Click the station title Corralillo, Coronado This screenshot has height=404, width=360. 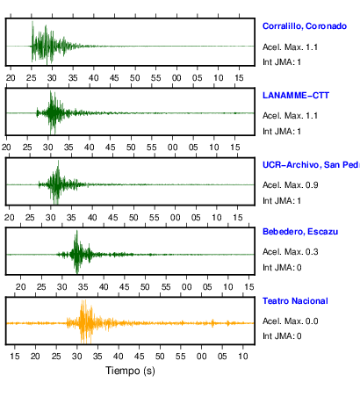pos(305,26)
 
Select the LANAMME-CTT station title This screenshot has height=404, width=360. pos(296,96)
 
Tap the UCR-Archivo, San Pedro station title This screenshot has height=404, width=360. pos(311,165)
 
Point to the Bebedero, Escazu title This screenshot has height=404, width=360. pos(300,232)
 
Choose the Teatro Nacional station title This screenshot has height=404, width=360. pos(295,301)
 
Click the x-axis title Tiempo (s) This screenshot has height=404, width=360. pos(130,371)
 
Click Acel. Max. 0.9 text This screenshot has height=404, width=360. pos(290,185)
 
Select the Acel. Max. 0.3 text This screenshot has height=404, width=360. pos(290,252)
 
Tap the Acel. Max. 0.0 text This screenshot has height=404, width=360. pos(290,321)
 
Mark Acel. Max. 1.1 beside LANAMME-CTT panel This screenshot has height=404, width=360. pos(290,116)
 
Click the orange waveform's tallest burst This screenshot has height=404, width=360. pos(84,321)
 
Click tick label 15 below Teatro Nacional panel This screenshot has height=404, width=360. pos(15,357)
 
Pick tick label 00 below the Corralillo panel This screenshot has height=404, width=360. pos(176,78)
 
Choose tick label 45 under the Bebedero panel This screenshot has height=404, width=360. pos(125,287)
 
